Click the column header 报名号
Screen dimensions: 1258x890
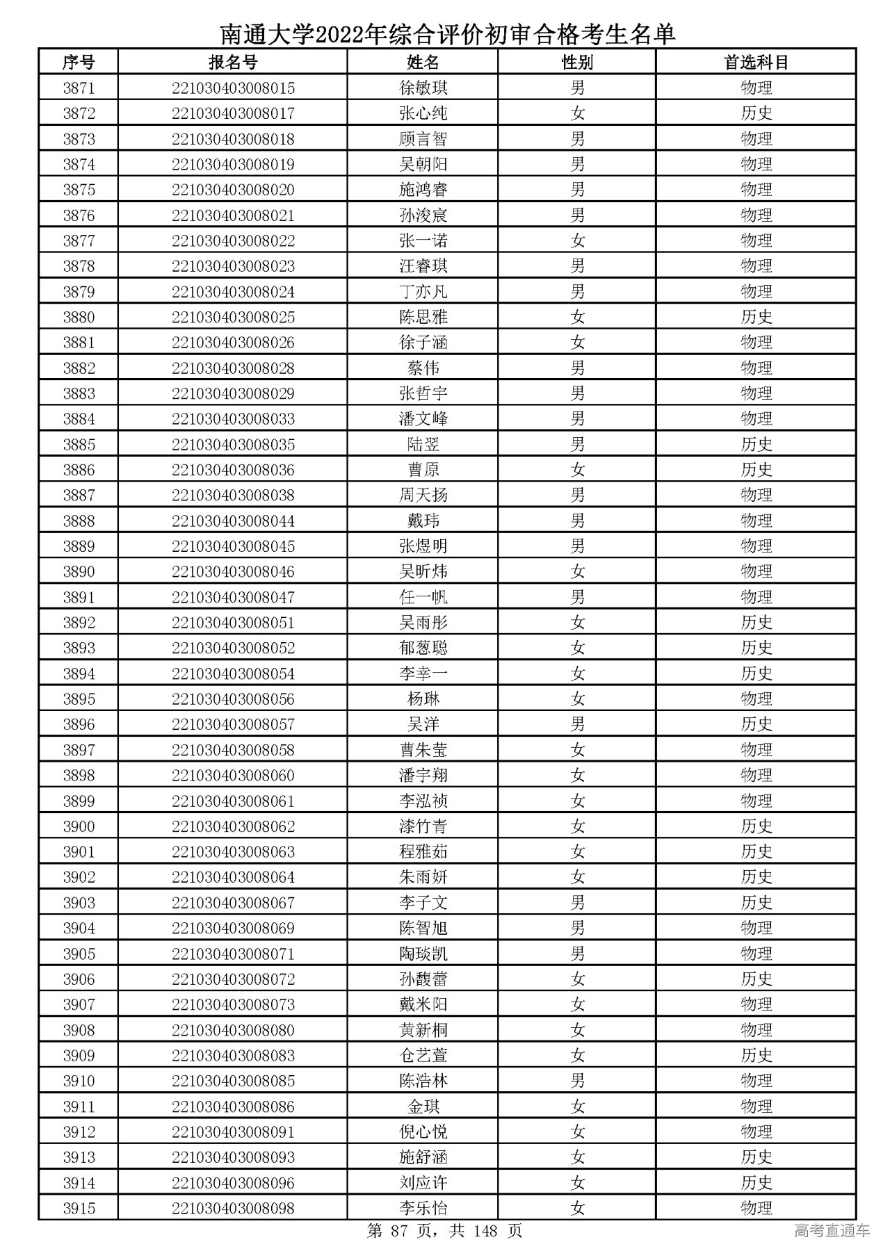(x=233, y=63)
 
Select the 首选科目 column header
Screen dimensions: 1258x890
(x=756, y=63)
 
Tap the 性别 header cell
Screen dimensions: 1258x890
(x=577, y=63)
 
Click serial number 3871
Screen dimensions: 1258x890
(x=79, y=88)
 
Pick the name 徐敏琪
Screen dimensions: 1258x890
(x=423, y=88)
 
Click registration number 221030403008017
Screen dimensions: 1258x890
(x=233, y=113)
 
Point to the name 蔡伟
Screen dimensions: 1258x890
(x=423, y=368)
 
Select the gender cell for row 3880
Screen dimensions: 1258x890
(x=577, y=317)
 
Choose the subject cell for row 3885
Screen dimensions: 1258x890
(x=756, y=444)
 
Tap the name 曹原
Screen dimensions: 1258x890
(x=423, y=470)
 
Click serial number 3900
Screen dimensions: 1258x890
(x=79, y=826)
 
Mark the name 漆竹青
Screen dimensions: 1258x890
(x=423, y=826)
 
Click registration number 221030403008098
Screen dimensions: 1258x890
(x=233, y=1208)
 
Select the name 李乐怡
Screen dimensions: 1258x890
(x=423, y=1208)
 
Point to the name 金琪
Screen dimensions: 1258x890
(x=423, y=1106)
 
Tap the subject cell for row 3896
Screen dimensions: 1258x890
(x=756, y=724)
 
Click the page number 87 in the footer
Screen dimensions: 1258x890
(x=398, y=1231)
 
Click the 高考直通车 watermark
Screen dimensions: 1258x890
(x=832, y=1231)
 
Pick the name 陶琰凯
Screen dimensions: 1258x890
(x=423, y=954)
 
